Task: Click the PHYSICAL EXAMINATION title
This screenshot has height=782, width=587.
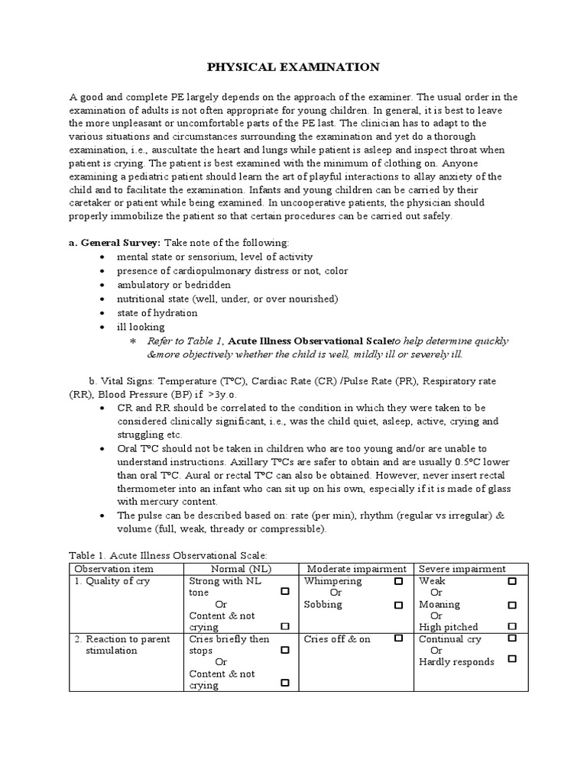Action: (293, 68)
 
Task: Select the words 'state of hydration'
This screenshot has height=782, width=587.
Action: (157, 313)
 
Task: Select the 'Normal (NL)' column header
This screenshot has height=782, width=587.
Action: (242, 569)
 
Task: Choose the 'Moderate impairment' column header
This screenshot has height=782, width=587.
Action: (356, 569)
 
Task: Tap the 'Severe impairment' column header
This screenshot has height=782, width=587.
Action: (462, 569)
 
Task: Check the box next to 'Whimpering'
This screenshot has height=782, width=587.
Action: (398, 581)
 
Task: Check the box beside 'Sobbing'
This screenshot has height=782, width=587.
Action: (398, 605)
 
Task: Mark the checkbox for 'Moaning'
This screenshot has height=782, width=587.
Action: (512, 605)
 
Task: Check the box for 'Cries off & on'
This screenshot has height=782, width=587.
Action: (398, 638)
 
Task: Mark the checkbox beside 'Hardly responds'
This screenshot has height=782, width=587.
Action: (512, 659)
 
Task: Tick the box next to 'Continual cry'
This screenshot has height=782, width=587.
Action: (512, 638)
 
